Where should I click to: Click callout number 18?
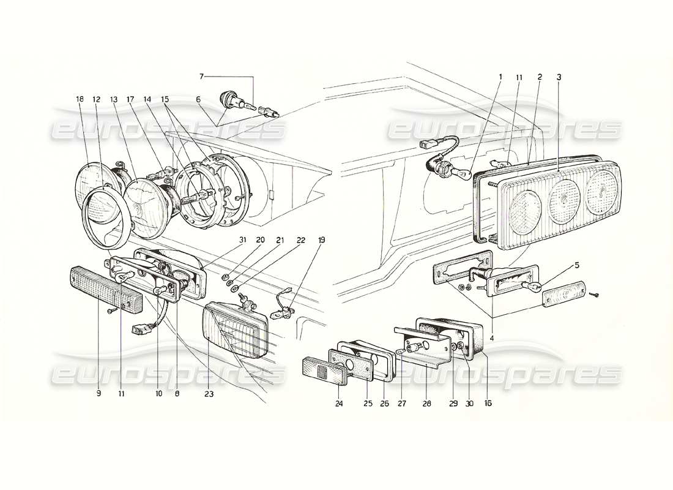(80, 99)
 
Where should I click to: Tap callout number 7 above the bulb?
(201, 77)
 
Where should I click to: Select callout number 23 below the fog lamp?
(210, 394)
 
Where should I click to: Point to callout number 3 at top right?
(559, 77)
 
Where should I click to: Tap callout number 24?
(339, 404)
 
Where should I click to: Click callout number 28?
(426, 404)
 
